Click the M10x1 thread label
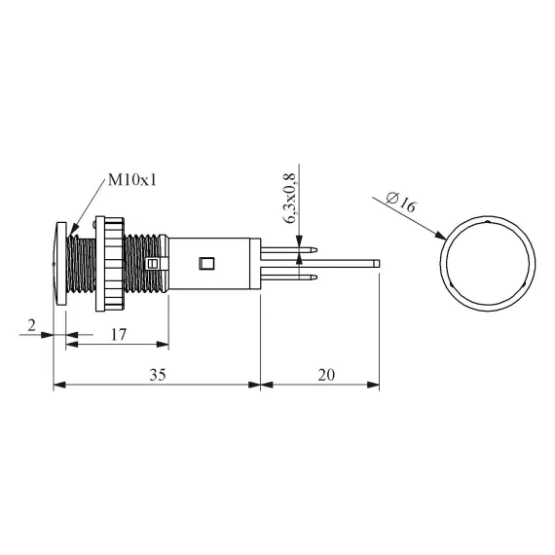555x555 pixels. (132, 180)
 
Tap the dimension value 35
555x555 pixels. (158, 375)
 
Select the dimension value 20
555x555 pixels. (326, 375)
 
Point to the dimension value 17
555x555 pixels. (119, 335)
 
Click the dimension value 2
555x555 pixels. (32, 325)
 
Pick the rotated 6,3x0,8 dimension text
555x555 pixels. (290, 199)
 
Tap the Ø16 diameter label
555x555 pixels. (401, 202)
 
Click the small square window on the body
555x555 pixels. (206, 263)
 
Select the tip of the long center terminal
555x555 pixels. (379, 263)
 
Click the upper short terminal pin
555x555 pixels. (288, 250)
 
